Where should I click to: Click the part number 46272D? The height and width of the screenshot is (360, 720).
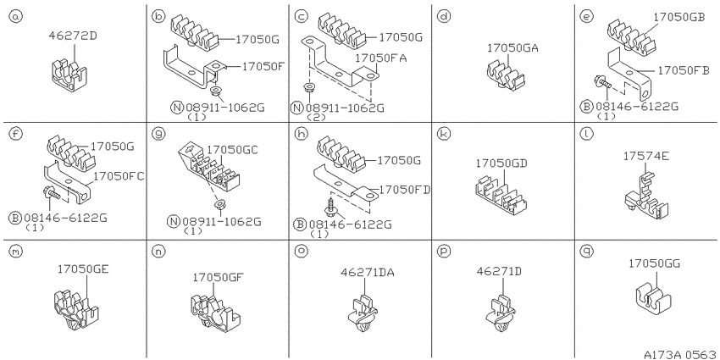tap(73, 36)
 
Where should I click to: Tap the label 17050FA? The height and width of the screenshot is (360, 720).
tap(380, 58)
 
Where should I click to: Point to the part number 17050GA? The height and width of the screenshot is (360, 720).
tap(513, 47)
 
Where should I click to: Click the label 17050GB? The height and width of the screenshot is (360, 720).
tap(679, 17)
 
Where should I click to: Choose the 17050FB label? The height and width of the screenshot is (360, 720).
tap(684, 70)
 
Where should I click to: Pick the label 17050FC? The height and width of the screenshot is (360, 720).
tap(119, 176)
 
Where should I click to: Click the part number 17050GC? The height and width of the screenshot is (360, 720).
tap(232, 150)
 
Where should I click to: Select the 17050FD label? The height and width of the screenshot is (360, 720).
tap(405, 190)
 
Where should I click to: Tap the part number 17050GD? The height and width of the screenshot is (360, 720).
tap(501, 163)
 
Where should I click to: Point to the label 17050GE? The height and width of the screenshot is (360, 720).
tap(83, 269)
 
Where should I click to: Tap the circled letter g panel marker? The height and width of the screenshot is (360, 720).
tap(159, 134)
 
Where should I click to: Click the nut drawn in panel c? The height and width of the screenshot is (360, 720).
tap(310, 86)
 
